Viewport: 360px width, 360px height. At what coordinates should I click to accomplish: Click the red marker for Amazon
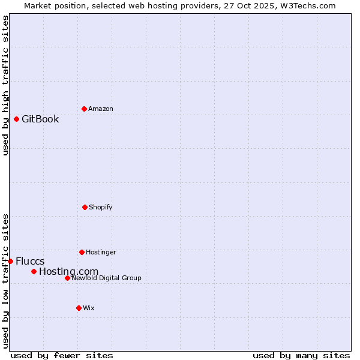pos(84,109)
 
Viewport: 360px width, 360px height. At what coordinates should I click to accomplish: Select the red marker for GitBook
pos(16,119)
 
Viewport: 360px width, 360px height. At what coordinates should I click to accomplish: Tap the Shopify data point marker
pos(85,207)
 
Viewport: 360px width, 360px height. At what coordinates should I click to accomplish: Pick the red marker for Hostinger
pos(82,252)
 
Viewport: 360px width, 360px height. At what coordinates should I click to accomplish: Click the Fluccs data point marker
pos(10,261)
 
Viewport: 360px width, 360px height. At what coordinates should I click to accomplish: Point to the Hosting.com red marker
pos(34,271)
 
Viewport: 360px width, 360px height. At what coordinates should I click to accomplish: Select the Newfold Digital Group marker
pos(67,278)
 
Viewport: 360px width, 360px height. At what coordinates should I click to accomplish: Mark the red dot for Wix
pos(79,308)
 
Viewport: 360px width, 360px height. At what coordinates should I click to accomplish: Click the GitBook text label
pos(40,119)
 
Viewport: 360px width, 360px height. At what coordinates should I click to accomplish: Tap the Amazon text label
pos(101,109)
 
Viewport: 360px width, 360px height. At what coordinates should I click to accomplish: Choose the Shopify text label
pos(101,207)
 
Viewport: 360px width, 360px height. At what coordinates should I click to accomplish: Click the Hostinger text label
pos(101,252)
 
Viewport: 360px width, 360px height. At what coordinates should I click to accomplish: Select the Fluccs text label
pos(30,261)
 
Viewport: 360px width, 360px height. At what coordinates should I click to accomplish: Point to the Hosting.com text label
pos(68,271)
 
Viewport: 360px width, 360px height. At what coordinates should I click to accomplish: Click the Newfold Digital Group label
pos(106,278)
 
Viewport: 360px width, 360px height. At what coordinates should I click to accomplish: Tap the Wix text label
pos(89,308)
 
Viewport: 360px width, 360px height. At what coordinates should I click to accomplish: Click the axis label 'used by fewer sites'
pos(62,355)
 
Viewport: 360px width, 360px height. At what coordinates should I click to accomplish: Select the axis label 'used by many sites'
pos(301,355)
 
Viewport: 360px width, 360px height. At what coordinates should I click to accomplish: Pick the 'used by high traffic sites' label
pos(5,85)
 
